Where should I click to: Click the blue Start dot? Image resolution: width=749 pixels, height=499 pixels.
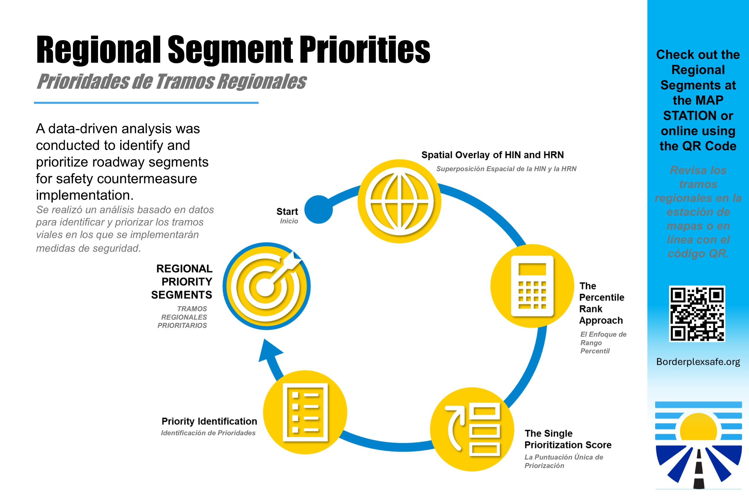point(319,209)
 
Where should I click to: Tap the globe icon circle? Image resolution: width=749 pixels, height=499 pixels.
point(399,201)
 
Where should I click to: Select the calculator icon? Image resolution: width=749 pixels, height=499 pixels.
point(532,286)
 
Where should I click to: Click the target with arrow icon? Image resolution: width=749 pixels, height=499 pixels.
point(267,286)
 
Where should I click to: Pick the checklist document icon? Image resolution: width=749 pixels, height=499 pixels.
point(305,412)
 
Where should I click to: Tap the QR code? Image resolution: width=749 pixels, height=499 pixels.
point(697,314)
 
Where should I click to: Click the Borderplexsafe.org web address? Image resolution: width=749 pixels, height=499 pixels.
point(698,362)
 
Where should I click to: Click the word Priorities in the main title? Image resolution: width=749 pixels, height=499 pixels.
point(365,49)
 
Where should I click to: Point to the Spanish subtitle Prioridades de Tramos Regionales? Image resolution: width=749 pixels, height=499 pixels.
point(171,82)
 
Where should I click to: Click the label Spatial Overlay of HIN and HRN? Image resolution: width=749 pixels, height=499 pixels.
point(492,155)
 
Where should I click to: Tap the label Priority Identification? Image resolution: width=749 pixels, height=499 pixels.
point(209,421)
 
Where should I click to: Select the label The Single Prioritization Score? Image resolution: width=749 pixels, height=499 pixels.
point(568,439)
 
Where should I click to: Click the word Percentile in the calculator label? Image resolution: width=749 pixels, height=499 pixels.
point(602,297)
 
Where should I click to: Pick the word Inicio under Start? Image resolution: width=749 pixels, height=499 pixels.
point(289,221)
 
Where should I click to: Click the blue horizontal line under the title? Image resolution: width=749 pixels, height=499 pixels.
point(146,103)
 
